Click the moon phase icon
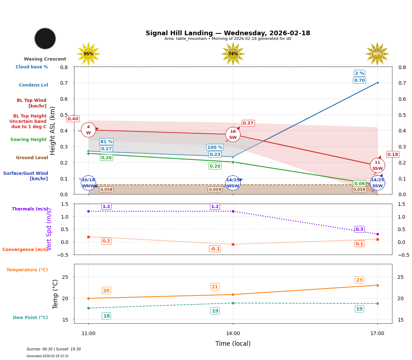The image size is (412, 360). (x=45, y=38)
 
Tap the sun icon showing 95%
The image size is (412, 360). (x=88, y=54)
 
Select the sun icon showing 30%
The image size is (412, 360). (x=377, y=54)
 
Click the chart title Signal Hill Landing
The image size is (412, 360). (x=228, y=33)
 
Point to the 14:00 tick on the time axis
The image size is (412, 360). (x=233, y=333)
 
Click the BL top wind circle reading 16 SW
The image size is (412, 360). (x=233, y=135)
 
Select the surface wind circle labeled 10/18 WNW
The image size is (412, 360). (x=88, y=183)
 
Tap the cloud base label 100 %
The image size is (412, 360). (x=215, y=147)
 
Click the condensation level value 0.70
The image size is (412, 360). (x=359, y=80)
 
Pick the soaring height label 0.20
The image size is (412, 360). (x=215, y=166)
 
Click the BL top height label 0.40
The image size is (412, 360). (x=73, y=119)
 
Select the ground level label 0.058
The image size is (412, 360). (x=106, y=189)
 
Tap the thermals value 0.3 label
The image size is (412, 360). (x=359, y=229)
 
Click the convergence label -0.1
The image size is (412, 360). (x=215, y=249)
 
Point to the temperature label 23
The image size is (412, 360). (x=359, y=280)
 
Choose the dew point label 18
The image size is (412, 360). (x=106, y=316)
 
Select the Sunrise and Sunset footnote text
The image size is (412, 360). (x=54, y=349)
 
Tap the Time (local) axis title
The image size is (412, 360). (x=233, y=344)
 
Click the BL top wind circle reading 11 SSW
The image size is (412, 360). (x=377, y=166)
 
